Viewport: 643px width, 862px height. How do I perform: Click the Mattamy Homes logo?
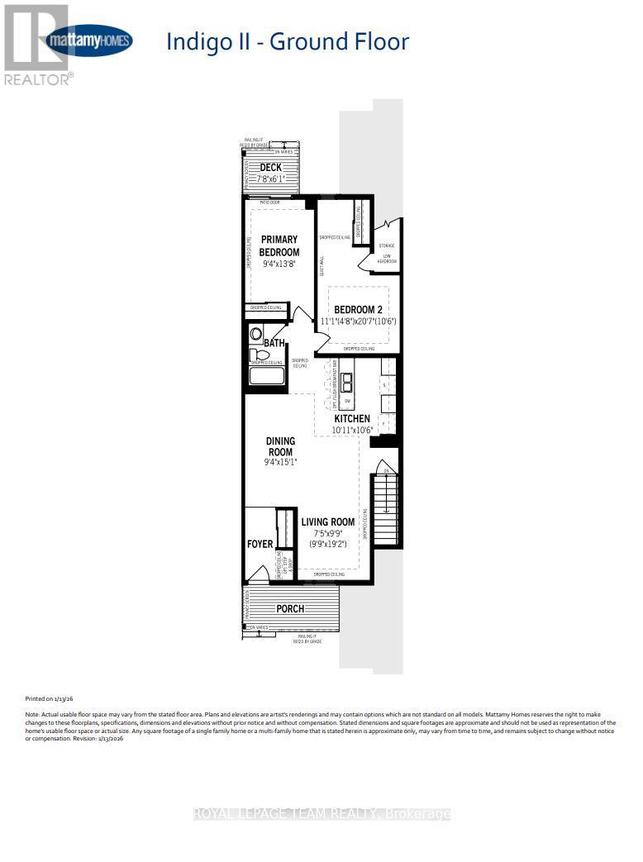point(89,40)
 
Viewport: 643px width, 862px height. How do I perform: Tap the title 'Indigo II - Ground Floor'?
point(288,41)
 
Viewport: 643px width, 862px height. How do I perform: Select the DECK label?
point(270,168)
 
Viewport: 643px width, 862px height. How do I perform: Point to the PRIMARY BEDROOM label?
point(279,245)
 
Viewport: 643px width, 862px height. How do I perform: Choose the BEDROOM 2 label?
point(364,310)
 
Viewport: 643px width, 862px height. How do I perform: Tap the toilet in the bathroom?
point(255,355)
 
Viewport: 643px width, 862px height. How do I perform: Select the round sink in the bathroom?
point(255,335)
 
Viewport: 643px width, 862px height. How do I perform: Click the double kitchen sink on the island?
point(347,381)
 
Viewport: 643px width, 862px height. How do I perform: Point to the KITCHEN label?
point(351,419)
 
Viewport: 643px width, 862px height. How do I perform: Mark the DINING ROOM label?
point(279,446)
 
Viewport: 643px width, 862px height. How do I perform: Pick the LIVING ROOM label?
point(327,521)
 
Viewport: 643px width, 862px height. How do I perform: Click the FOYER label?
point(260,544)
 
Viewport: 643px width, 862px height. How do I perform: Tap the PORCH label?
point(289,608)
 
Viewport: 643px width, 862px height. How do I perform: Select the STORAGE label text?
point(387,245)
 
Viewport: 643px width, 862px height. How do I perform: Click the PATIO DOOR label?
point(270,201)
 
